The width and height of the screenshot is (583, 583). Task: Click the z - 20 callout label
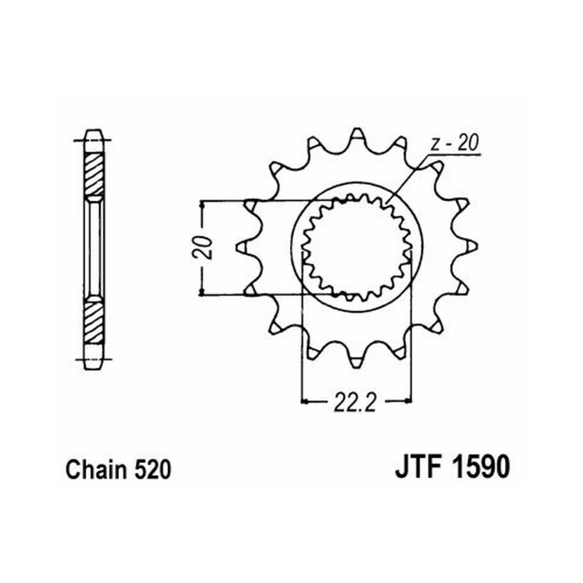coord(454,143)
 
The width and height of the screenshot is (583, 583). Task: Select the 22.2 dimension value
coord(355,403)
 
